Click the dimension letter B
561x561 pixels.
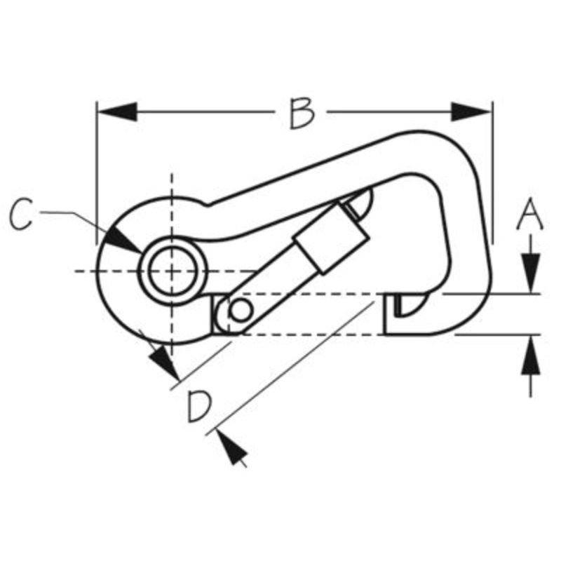click(302, 113)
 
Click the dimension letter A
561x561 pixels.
click(530, 213)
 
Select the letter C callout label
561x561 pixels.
click(21, 214)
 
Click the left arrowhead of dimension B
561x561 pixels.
click(117, 111)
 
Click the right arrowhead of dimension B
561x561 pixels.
click(471, 111)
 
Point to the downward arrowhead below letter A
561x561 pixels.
click(531, 273)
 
